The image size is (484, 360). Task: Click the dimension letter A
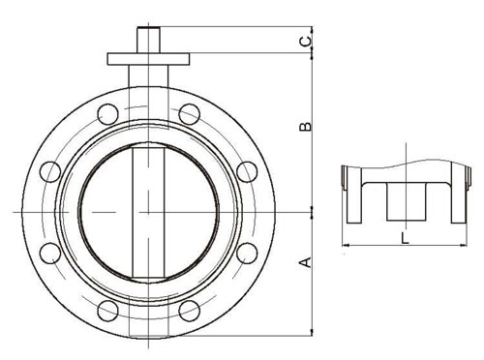click(306, 262)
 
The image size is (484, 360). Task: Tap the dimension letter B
click(306, 126)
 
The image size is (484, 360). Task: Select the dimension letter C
click(306, 41)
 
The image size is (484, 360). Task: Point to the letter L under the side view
click(405, 238)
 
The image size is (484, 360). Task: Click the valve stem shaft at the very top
click(149, 40)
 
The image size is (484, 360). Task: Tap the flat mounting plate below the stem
click(148, 59)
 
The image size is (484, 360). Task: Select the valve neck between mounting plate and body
click(148, 76)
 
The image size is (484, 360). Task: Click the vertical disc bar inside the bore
click(148, 212)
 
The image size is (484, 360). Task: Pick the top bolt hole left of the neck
click(107, 114)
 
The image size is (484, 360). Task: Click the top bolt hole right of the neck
click(189, 114)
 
